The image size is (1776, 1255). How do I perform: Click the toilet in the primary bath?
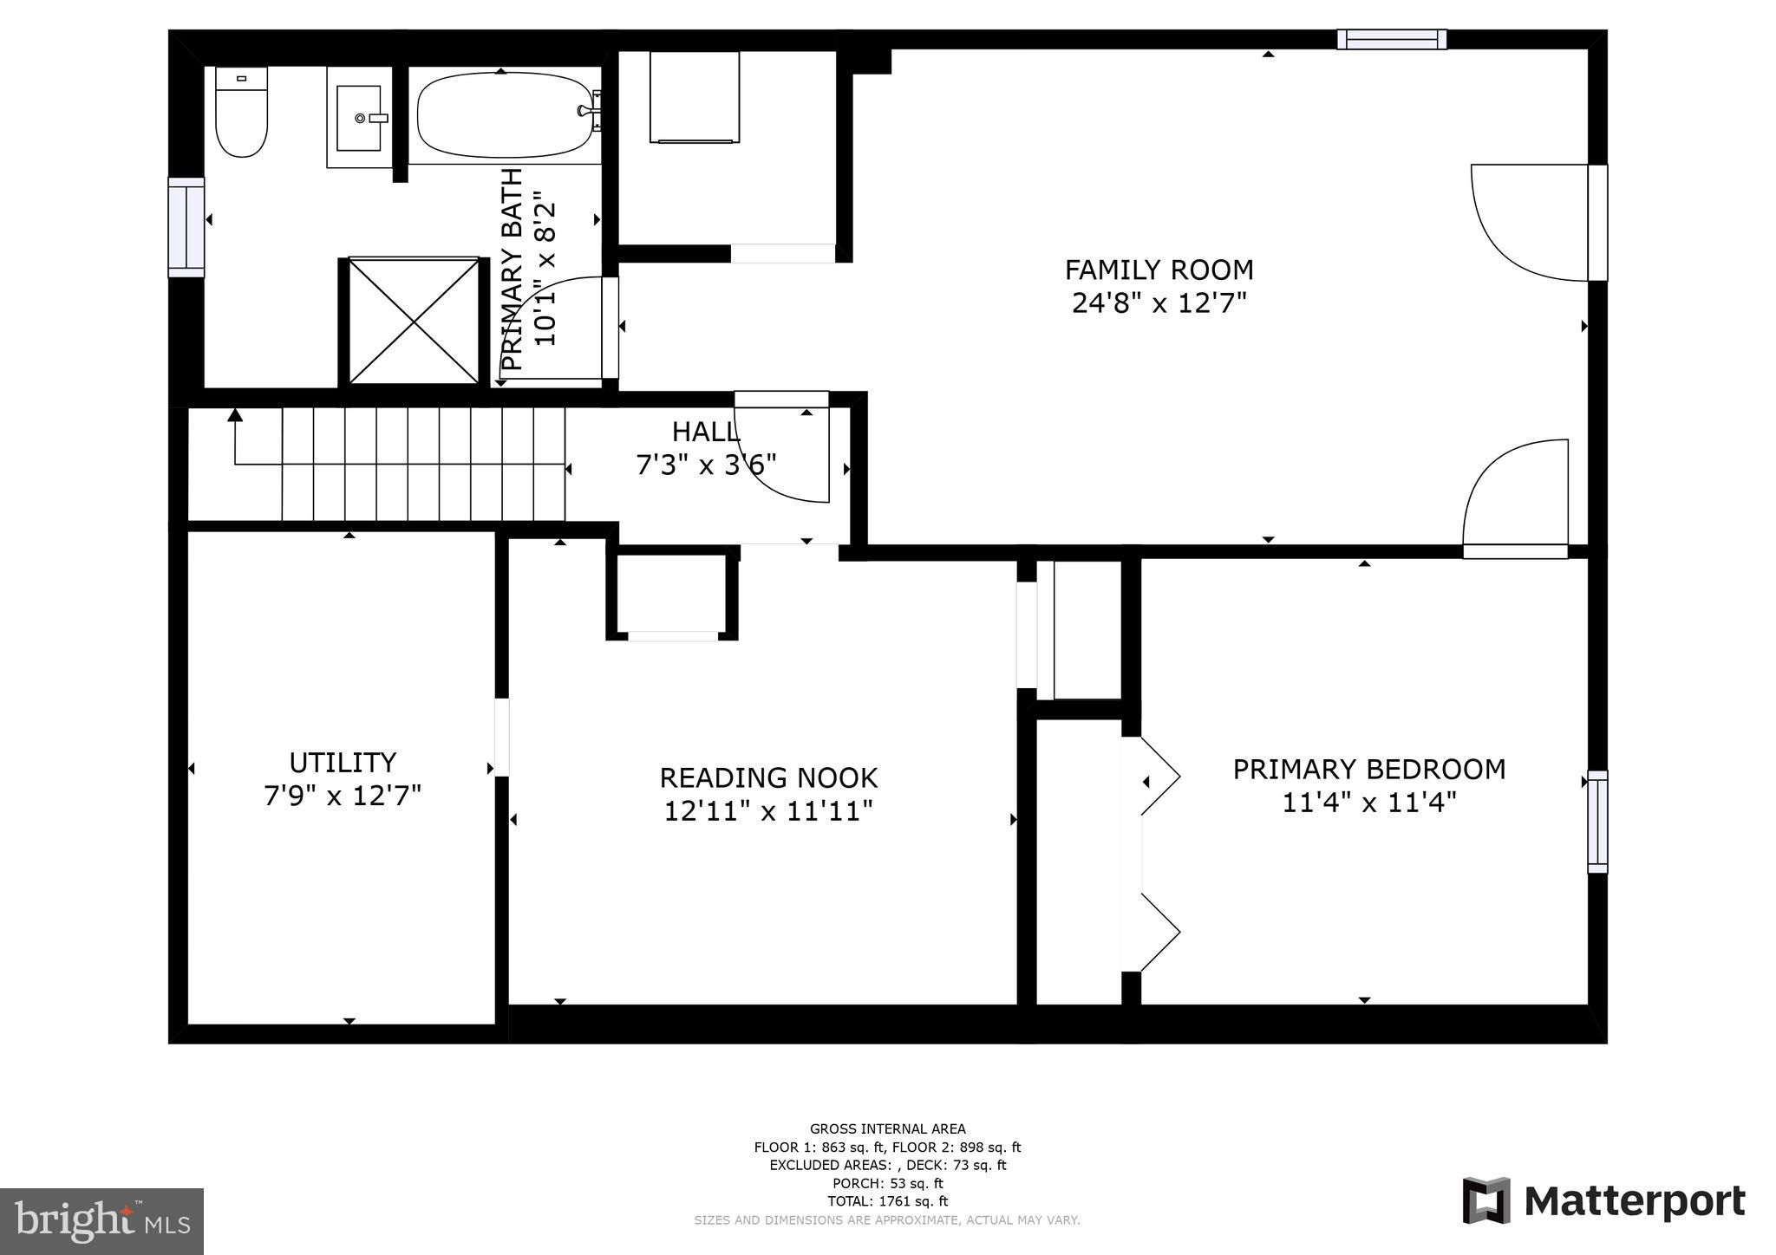point(241,113)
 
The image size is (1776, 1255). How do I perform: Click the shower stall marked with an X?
point(414,321)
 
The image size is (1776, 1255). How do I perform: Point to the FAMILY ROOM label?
point(1159,270)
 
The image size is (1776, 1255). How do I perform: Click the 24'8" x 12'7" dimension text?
point(1159,303)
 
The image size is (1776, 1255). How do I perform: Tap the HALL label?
point(704,431)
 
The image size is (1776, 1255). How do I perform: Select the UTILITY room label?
point(343,763)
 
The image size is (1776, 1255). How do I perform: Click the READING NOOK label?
point(768,777)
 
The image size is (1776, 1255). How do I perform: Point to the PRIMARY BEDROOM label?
point(1368,769)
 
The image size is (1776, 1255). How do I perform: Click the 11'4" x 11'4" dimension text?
point(1368,803)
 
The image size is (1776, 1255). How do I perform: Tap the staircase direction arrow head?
point(234,415)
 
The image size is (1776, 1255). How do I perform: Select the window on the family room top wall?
point(1391,40)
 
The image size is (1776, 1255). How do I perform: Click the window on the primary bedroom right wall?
point(1596,822)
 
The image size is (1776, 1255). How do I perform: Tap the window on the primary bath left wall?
point(186,227)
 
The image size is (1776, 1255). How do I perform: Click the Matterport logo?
point(1603,1201)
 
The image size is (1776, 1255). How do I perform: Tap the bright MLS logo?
point(101,1221)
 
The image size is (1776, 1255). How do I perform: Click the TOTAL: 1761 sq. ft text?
point(887,1201)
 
